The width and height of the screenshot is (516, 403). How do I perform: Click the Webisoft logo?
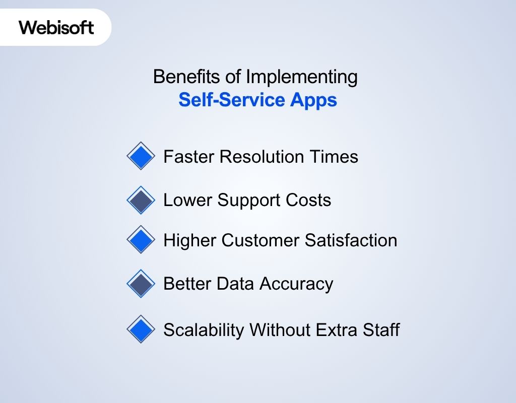coord(56,27)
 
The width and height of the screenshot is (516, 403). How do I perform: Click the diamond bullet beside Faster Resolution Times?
coord(141,156)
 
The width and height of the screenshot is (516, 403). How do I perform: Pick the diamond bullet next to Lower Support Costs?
coord(141,200)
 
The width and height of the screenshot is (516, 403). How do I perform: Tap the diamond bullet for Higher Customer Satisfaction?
coord(141,240)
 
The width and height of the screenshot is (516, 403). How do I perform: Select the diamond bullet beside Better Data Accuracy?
coord(141,284)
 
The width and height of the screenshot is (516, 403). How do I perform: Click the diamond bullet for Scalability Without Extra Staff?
coord(141,329)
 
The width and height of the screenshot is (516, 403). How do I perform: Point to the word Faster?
coord(188,157)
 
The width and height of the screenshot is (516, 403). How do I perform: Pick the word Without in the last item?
coord(280,330)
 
